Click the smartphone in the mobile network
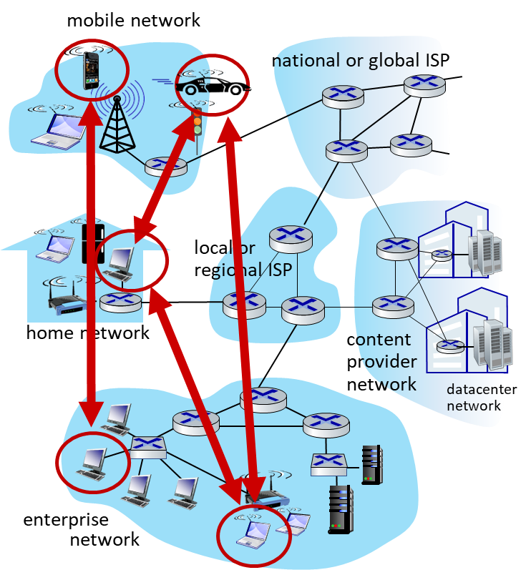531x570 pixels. [x=91, y=71]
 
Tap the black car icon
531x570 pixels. [x=213, y=86]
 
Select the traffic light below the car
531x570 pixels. [x=197, y=122]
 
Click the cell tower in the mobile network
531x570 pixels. [x=117, y=124]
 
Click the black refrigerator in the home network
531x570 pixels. [x=93, y=243]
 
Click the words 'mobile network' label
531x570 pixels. [x=134, y=20]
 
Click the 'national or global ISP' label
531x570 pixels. [x=361, y=60]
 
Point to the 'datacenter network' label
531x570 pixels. [x=482, y=398]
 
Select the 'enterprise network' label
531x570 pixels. [x=82, y=529]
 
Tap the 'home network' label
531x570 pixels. [x=87, y=333]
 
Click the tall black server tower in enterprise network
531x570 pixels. [x=341, y=509]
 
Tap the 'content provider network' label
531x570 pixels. [x=381, y=362]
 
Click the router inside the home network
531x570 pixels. [x=120, y=303]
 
